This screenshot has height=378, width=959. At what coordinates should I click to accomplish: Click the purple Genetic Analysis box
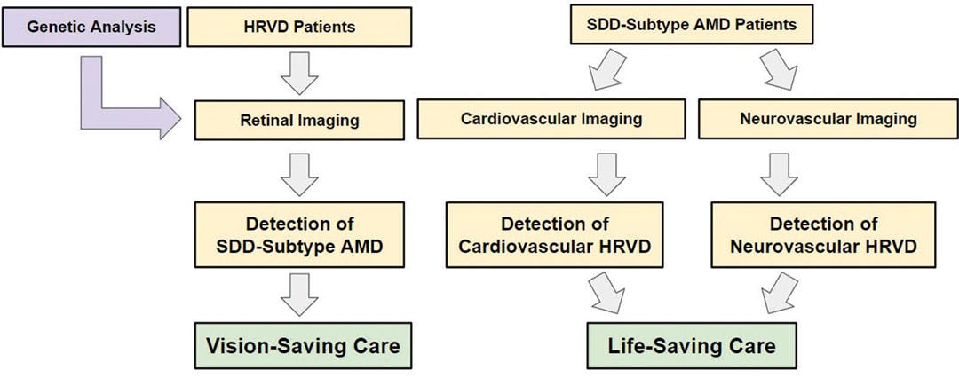point(91,26)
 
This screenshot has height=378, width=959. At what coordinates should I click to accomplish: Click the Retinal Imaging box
point(300,119)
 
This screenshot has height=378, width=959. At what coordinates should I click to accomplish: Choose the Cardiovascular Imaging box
point(551,118)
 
